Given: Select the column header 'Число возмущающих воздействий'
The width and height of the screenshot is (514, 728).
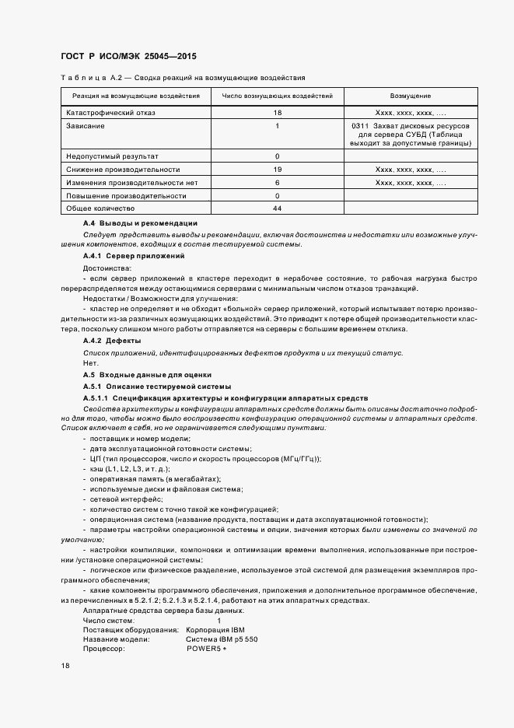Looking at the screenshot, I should coord(278,96).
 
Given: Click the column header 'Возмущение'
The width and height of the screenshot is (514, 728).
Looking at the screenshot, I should coord(411,96).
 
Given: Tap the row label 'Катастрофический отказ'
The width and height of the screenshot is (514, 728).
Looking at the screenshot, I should coord(111,113).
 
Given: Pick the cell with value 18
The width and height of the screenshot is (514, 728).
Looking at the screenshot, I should coord(278,113).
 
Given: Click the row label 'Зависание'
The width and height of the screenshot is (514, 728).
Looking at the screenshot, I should coord(86,126).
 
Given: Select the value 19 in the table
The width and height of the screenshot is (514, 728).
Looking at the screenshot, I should coord(278,169).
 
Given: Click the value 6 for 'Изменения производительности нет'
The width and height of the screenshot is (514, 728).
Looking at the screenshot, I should coord(278,182).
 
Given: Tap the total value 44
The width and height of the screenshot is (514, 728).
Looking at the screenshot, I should coord(278,208).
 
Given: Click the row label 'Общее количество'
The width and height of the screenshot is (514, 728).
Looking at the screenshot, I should coord(101,208).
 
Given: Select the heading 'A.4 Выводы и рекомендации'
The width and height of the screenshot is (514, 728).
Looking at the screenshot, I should coord(140,223).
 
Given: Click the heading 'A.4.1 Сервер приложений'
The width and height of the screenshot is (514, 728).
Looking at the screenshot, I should coord(133,256).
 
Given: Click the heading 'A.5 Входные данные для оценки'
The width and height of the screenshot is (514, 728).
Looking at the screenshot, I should coord(142,375).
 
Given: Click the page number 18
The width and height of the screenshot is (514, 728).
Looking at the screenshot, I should coord(65,667).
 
